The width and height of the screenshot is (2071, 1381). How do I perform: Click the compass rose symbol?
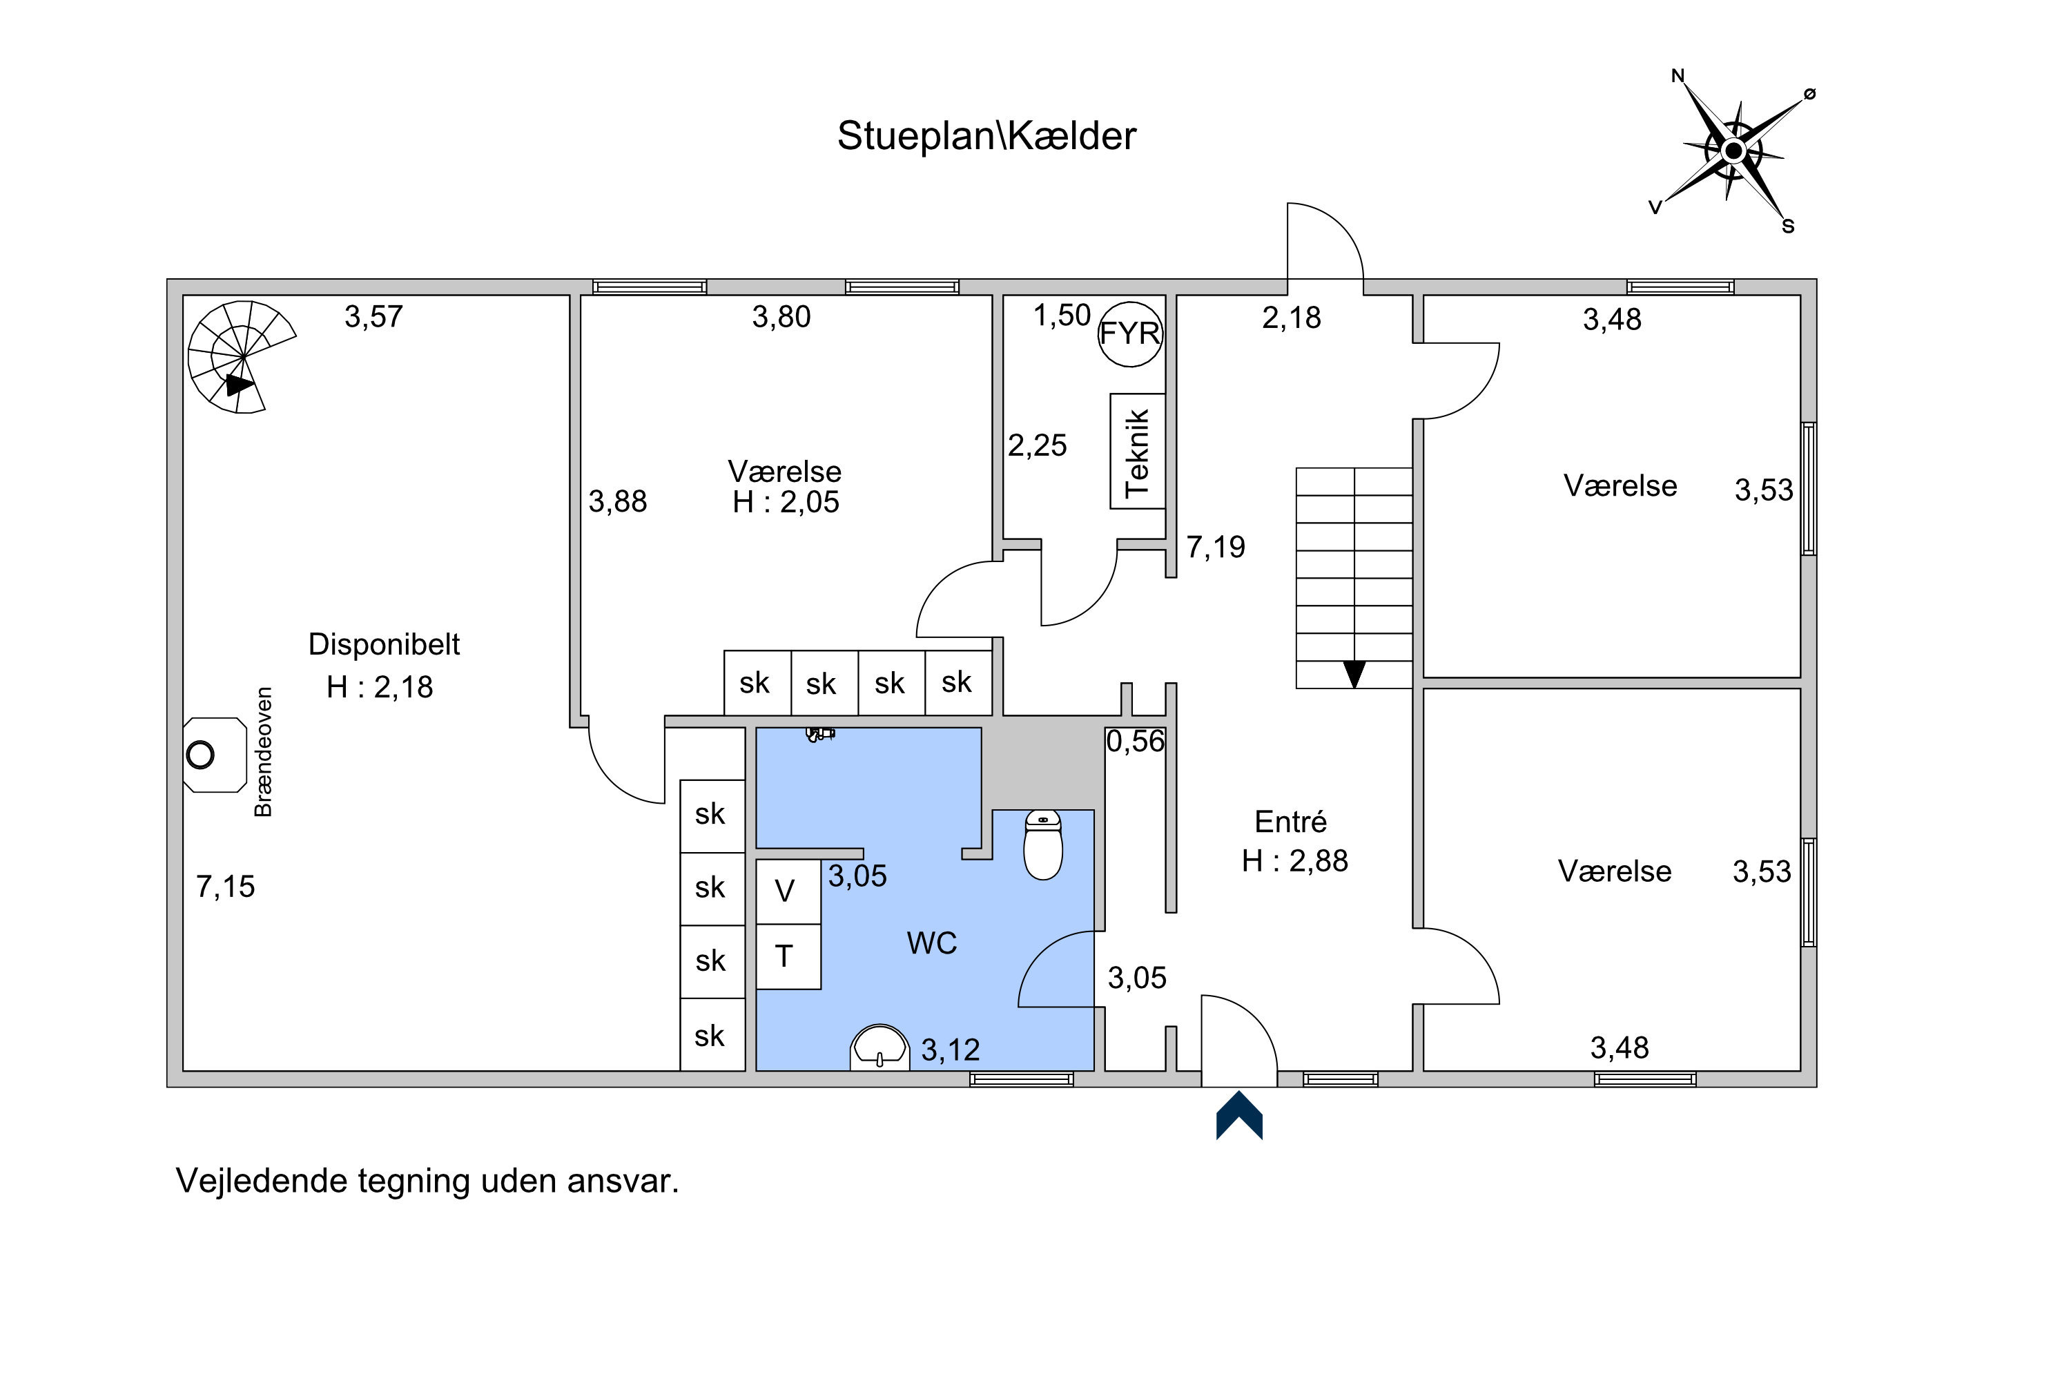click(1733, 151)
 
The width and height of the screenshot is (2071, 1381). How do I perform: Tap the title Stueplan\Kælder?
click(986, 135)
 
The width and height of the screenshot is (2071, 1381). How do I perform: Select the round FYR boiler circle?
click(1131, 333)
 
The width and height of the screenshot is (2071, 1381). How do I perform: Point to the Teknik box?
click(1138, 451)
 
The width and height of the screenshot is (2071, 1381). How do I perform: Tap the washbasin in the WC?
click(879, 1047)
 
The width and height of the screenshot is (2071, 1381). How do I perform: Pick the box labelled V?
click(789, 891)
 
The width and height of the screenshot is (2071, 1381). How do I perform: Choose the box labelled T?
click(789, 956)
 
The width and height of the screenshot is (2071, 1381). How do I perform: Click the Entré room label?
click(1290, 822)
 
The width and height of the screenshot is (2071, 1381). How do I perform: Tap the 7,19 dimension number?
click(1216, 547)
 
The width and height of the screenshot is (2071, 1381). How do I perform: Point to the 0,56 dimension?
click(1135, 742)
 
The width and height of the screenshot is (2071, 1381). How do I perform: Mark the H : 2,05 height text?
click(786, 502)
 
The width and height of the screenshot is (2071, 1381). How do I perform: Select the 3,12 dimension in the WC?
click(950, 1050)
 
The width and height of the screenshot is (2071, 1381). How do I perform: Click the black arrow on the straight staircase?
click(1354, 674)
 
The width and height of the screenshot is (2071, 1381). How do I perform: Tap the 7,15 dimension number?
click(226, 886)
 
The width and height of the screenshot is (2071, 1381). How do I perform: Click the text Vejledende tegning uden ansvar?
click(427, 1181)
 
